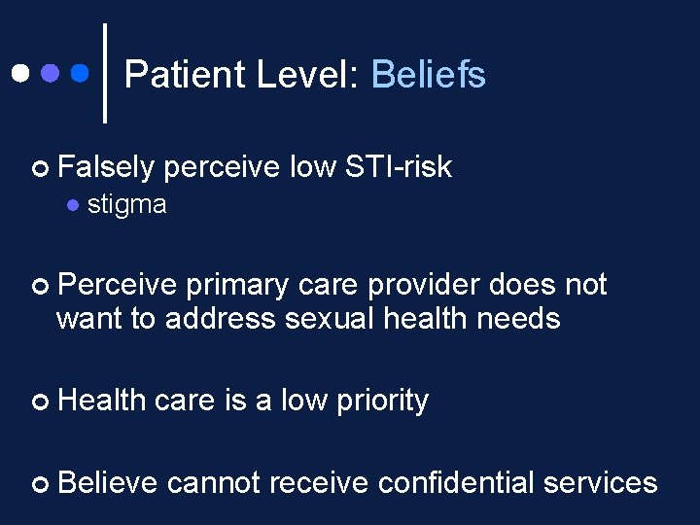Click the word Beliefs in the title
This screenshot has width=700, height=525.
coord(428,75)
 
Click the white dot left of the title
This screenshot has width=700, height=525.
coord(19,73)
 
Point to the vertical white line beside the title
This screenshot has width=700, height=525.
coord(105,73)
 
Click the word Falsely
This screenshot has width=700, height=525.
coord(106,167)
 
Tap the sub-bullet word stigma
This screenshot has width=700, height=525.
coord(126,205)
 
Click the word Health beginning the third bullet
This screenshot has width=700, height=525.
coord(102,400)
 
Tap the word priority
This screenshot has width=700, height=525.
coord(382,400)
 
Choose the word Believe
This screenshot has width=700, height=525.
coord(107,482)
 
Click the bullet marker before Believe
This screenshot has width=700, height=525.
coord(40,483)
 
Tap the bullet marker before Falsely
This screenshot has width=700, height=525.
coord(40,168)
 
